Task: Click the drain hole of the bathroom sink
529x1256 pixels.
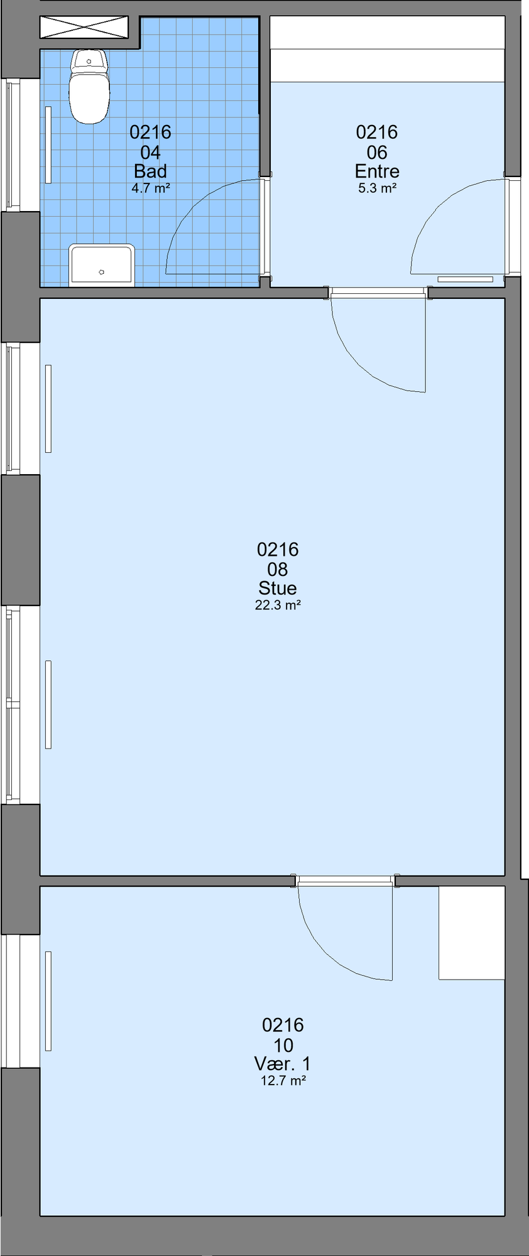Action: click(102, 272)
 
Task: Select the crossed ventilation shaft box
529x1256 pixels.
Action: click(84, 28)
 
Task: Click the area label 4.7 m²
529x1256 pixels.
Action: click(151, 188)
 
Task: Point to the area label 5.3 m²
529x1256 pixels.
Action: click(377, 188)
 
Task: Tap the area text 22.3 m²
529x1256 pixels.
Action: click(278, 605)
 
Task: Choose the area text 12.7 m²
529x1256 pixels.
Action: click(283, 1081)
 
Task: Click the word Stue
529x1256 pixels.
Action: click(278, 588)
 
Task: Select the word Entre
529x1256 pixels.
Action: click(377, 171)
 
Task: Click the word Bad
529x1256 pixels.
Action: click(151, 171)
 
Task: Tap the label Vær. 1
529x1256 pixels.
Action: click(283, 1063)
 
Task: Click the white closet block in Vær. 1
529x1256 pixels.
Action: click(472, 933)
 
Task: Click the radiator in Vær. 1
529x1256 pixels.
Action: click(48, 1001)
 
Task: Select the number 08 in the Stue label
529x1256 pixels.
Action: click(278, 569)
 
